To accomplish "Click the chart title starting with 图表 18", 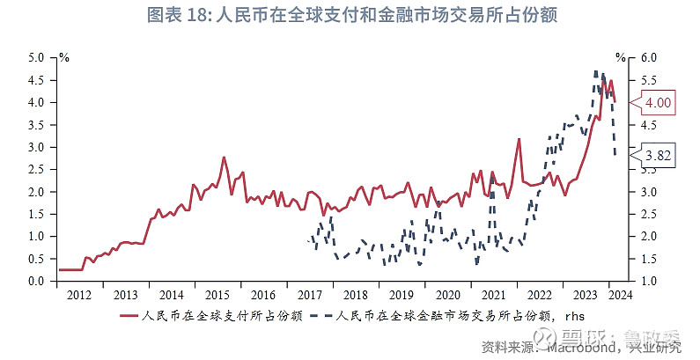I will (350, 16).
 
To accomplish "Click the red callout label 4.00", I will (658, 103).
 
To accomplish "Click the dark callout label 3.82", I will (658, 156).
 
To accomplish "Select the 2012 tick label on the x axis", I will (79, 295).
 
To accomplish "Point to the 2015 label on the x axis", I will (217, 295).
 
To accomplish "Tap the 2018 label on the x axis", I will (355, 295).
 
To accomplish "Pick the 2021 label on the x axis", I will (493, 295).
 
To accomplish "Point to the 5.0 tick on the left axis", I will (35, 57).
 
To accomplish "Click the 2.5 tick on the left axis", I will (35, 169).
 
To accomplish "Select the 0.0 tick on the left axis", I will (35, 281).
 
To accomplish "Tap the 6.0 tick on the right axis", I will (648, 57).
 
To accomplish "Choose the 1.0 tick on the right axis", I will (648, 281).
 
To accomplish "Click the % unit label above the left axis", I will (63, 57).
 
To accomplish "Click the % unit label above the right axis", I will (620, 57).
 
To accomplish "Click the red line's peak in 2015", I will (224, 158).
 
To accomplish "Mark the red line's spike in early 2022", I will (519, 139).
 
